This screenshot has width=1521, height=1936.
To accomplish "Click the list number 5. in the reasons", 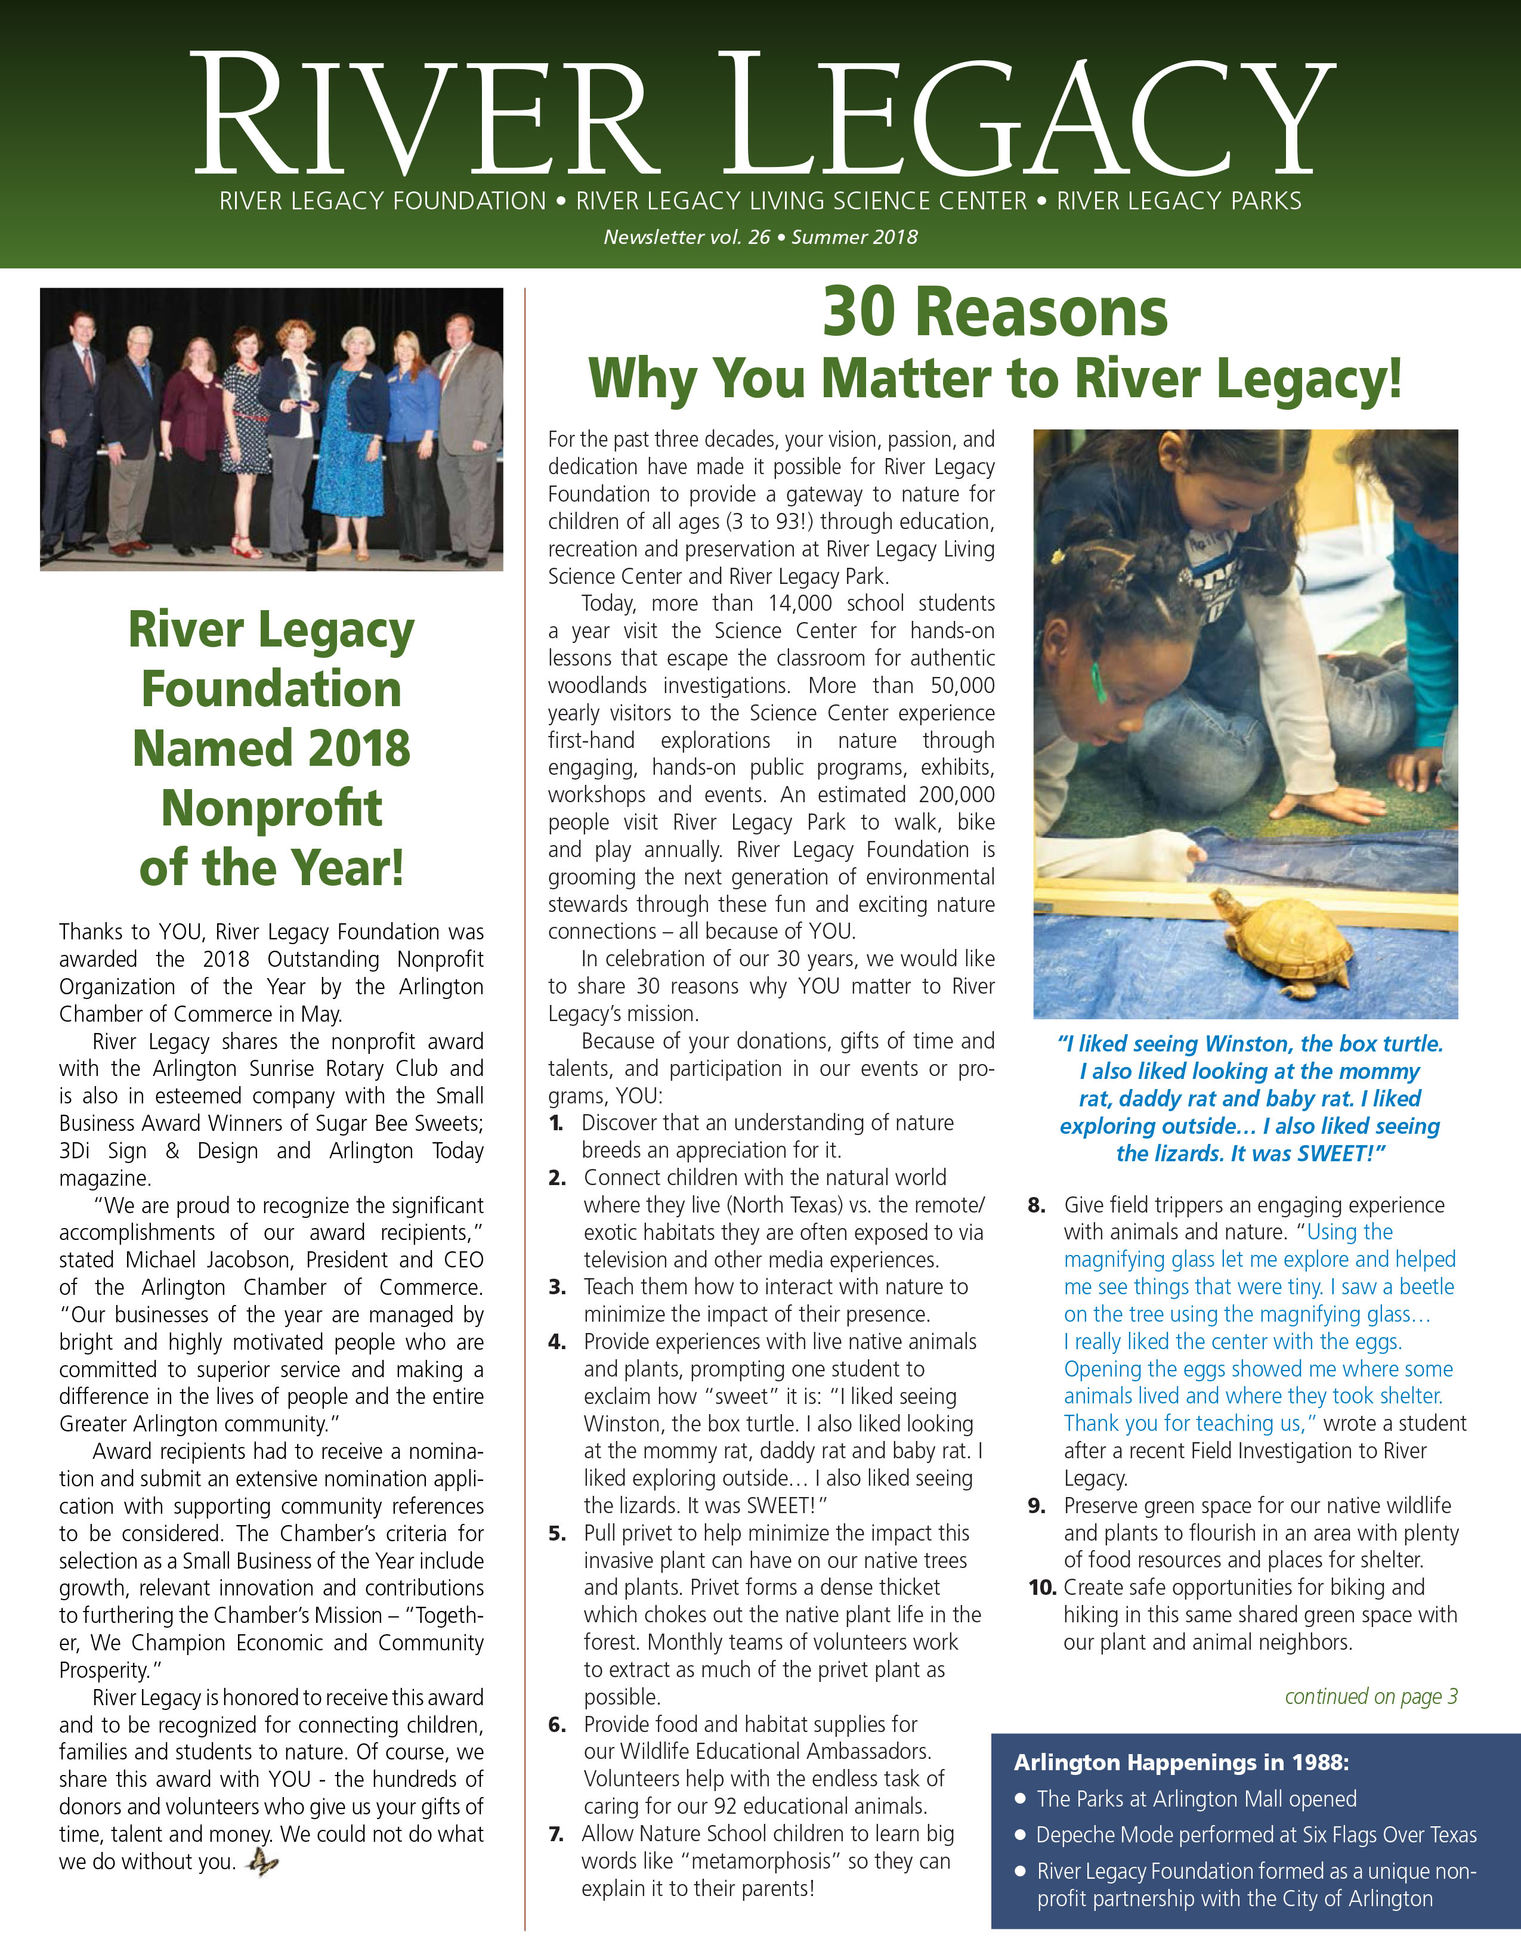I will point(558,1533).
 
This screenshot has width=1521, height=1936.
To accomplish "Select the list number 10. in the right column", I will point(1042,1587).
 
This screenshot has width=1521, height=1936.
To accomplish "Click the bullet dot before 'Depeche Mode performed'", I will point(1021,1835).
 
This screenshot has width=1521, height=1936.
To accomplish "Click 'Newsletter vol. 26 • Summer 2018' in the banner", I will point(760,237).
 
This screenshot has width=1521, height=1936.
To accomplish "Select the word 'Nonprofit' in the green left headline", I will point(271,808).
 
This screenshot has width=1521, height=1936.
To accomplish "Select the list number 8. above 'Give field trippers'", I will point(1037,1205).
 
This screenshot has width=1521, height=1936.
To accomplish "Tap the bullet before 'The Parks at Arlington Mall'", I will point(1021,1799).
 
